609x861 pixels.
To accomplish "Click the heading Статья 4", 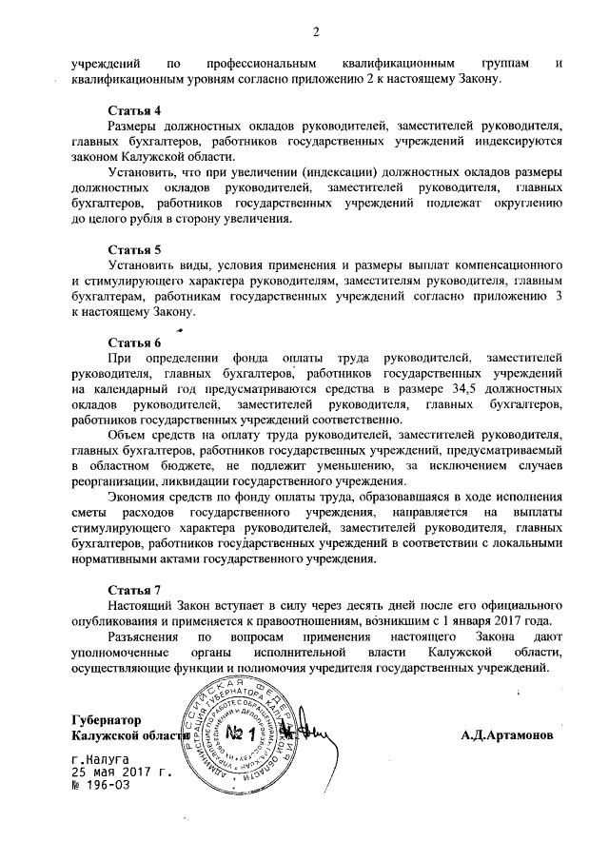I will point(134,110).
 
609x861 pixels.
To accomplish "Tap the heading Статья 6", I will point(134,342).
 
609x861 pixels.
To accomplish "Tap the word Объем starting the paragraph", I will point(128,435).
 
